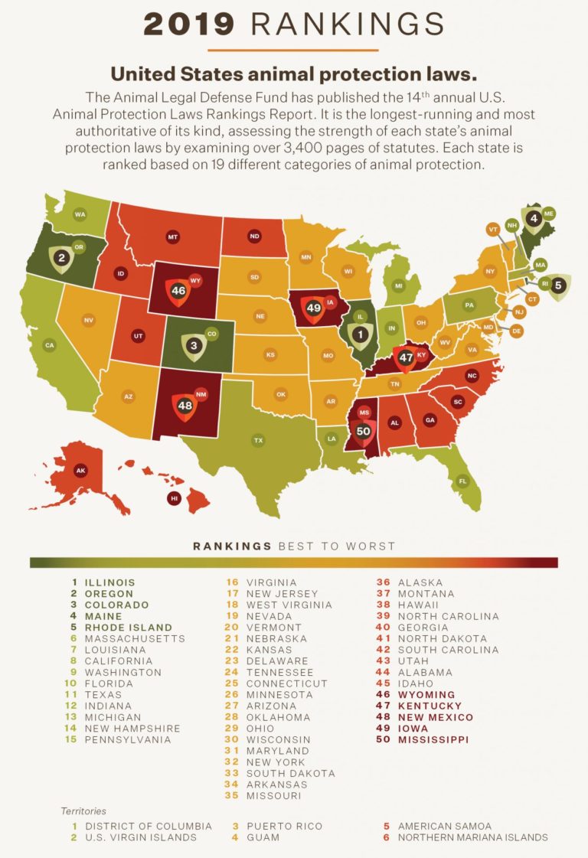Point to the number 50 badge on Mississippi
(364, 431)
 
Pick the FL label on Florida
(462, 481)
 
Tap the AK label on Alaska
(80, 471)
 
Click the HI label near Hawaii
(175, 498)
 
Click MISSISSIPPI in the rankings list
(433, 739)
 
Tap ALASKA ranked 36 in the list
(420, 582)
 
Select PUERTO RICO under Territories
(284, 826)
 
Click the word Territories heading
(83, 810)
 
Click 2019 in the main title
(189, 24)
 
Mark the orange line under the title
(293, 51)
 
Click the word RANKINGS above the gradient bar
(232, 546)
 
